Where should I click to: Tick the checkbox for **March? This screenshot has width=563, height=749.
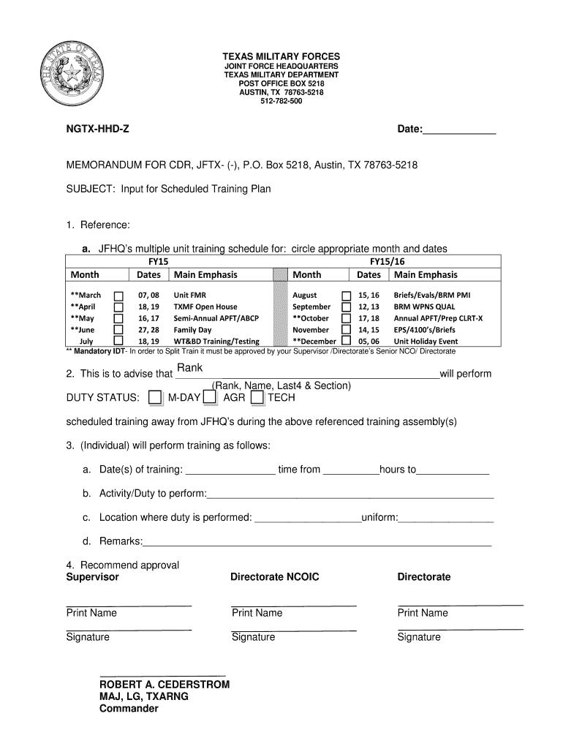click(118, 295)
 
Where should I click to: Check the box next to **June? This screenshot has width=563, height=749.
click(118, 330)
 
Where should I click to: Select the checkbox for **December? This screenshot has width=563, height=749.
click(347, 341)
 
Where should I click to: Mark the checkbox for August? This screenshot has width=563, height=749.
click(347, 295)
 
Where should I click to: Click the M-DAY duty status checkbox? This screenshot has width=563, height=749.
click(155, 397)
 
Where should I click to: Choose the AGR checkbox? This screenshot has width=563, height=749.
click(210, 397)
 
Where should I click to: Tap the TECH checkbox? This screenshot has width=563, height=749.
click(257, 397)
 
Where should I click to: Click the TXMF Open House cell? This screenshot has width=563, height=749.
click(205, 306)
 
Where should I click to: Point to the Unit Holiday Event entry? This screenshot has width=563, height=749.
click(426, 342)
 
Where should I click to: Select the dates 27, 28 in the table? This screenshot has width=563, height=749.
click(148, 330)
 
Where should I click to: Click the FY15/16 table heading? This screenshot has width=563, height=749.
click(387, 261)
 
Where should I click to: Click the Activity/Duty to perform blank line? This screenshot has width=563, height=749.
click(350, 495)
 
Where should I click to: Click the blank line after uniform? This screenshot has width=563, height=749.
click(446, 519)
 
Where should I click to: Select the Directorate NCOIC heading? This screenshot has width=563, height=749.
click(274, 577)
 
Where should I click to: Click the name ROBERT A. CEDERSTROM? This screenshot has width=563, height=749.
click(165, 685)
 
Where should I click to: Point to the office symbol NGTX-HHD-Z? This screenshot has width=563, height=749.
click(99, 129)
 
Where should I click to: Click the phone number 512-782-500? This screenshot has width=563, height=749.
click(281, 101)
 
